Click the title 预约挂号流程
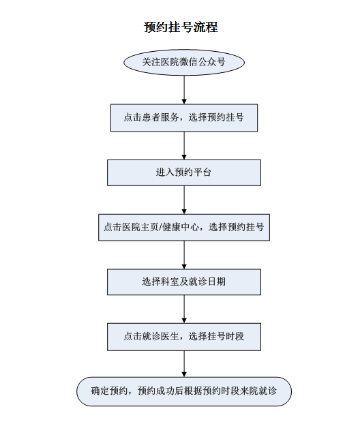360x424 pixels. (x=181, y=27)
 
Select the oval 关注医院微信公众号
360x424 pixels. (x=184, y=62)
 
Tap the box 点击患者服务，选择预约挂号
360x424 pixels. (x=184, y=118)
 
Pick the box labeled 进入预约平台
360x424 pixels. (x=184, y=172)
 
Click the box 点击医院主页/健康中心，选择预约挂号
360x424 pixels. (x=184, y=227)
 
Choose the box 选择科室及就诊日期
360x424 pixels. (x=184, y=282)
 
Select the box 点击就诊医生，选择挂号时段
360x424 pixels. (x=184, y=337)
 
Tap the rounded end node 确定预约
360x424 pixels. (x=184, y=391)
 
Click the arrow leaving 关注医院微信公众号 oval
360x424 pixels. (x=184, y=90)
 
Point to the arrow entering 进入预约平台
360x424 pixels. (x=184, y=146)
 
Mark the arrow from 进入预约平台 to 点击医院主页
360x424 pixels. (x=184, y=200)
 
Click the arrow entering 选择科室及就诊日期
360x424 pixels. (x=184, y=255)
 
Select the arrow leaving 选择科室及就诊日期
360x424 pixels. (x=184, y=309)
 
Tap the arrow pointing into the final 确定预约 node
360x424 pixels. (x=184, y=364)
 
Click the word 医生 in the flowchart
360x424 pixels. (x=170, y=337)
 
